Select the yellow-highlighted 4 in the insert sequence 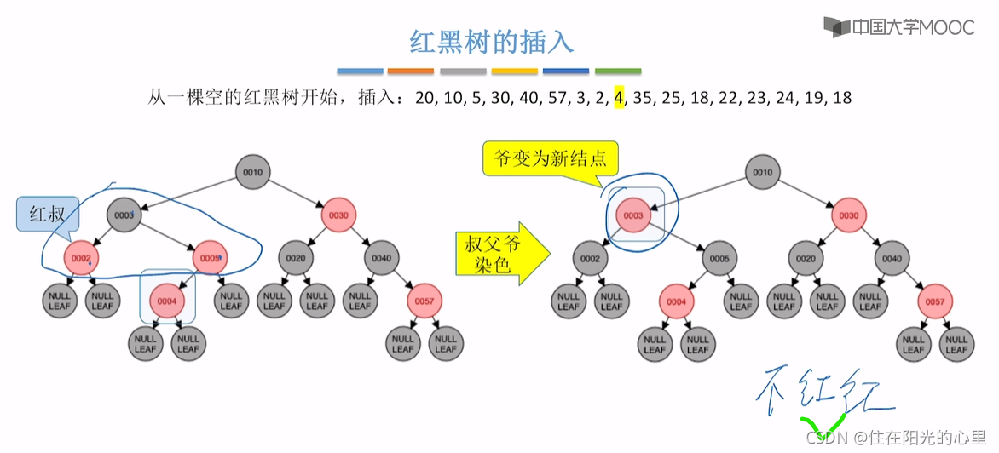(x=619, y=98)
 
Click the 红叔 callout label (x=48, y=215)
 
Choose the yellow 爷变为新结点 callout (x=550, y=158)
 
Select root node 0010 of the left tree (x=253, y=173)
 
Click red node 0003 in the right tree (x=632, y=215)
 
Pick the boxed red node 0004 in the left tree (x=167, y=300)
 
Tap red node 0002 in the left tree (x=81, y=257)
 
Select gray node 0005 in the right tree (x=719, y=257)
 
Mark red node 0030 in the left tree (x=338, y=215)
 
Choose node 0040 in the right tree (x=892, y=257)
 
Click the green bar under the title (x=618, y=72)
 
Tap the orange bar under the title (x=411, y=72)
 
